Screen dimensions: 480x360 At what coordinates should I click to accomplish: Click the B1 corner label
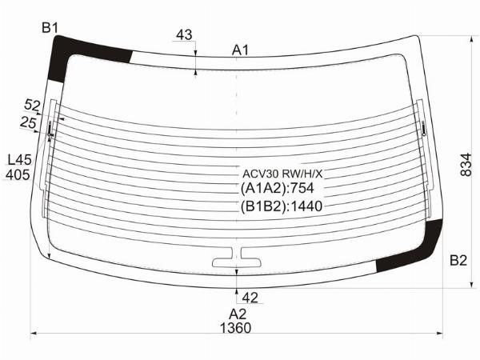point(50,28)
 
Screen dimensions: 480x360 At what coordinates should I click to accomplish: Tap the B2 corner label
point(458,261)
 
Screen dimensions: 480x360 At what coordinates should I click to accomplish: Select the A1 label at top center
point(240,50)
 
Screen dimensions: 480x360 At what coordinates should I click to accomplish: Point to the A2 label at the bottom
point(238,314)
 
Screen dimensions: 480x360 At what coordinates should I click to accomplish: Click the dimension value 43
point(184,35)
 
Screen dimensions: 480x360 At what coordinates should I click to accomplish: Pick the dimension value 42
point(250,298)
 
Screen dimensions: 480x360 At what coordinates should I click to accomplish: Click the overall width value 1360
point(235,328)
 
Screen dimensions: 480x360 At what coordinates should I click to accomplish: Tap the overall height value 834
point(466,165)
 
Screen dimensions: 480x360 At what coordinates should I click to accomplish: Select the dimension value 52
point(32,106)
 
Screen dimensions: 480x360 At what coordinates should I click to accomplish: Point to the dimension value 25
point(28,123)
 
